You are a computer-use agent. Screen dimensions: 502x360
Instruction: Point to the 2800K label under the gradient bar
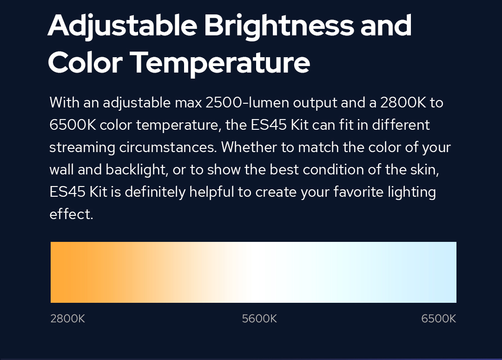click(67, 319)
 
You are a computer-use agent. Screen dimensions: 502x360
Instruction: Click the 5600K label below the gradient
click(259, 319)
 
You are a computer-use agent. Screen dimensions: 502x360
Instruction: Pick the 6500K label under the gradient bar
click(439, 319)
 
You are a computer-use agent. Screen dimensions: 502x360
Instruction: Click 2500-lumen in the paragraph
click(247, 103)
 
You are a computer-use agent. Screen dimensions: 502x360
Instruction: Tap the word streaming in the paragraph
click(82, 148)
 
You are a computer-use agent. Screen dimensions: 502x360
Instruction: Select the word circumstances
click(168, 147)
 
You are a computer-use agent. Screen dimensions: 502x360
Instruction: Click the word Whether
click(249, 147)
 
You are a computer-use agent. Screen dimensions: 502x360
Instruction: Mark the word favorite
click(358, 192)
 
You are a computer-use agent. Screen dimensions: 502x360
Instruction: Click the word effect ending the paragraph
click(71, 214)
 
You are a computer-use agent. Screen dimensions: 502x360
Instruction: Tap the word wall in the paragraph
click(62, 170)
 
